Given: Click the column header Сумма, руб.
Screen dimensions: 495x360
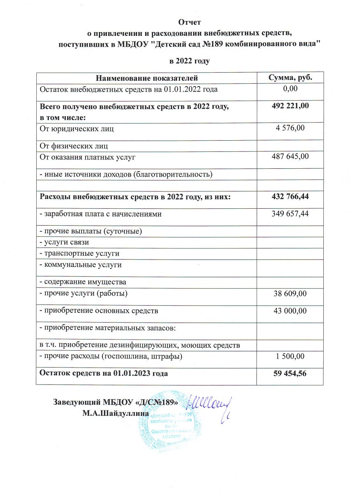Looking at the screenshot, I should [290, 78].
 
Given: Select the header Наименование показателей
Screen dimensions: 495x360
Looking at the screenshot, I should [147, 78].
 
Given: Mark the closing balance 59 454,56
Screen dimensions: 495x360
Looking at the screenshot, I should [290, 373].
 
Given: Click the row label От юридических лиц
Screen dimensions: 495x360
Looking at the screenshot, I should [76, 129].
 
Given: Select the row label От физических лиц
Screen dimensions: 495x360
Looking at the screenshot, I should [74, 146].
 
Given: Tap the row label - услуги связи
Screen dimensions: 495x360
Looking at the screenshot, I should [64, 242].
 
